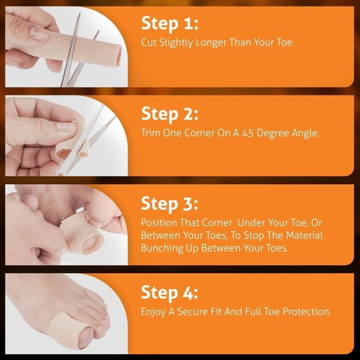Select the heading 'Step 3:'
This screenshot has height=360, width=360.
(170, 204)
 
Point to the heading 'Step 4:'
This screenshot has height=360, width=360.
(170, 293)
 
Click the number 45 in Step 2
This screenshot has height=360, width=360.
(248, 133)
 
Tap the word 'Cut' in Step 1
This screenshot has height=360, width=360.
(148, 43)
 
